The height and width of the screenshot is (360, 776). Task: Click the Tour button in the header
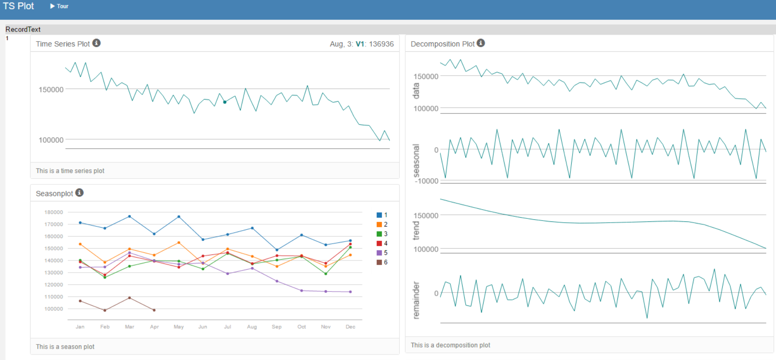59,6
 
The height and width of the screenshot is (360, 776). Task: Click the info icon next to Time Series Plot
96,43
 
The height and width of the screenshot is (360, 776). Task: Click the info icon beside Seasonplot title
79,192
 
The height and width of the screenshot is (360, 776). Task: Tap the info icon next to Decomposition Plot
481,43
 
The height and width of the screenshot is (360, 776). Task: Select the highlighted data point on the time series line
225,102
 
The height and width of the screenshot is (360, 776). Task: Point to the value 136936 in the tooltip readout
381,44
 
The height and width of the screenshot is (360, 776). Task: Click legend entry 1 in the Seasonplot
382,215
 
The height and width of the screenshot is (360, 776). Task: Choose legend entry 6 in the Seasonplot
382,262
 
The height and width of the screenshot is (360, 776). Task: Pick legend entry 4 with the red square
382,243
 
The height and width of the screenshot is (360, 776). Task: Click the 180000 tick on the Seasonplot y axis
54,212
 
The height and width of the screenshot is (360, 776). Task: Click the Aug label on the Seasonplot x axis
252,327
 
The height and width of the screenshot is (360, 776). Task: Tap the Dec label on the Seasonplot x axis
350,327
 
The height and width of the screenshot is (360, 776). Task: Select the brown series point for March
129,298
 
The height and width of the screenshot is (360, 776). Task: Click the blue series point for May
179,217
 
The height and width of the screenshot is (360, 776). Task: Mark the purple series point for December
350,292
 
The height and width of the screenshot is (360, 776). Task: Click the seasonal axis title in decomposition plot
416,161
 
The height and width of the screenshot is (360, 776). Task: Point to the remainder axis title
416,300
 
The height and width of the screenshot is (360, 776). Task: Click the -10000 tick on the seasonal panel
427,181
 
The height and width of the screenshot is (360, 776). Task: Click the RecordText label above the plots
23,29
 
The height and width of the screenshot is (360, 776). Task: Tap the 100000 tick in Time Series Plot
51,140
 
